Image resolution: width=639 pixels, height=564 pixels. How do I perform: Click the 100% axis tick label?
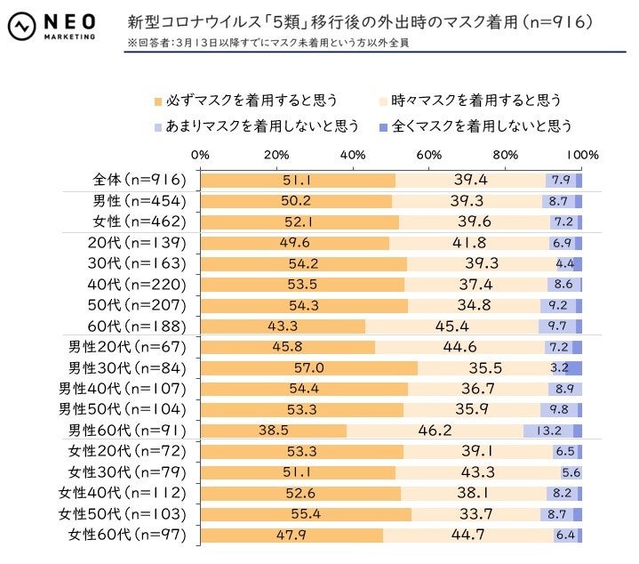click(582, 155)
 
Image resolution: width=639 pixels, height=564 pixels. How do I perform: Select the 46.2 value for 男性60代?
click(435, 431)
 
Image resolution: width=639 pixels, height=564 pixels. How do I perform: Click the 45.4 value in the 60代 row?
click(451, 326)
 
